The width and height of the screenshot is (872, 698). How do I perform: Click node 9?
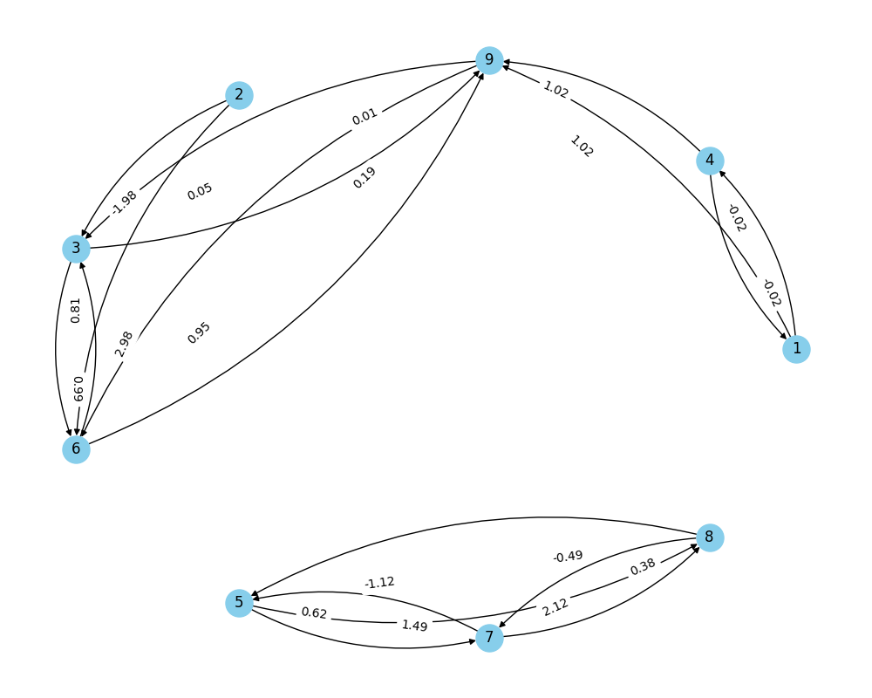click(x=489, y=60)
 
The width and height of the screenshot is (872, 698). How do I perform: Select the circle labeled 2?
click(x=239, y=95)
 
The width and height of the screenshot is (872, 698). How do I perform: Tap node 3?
click(x=76, y=249)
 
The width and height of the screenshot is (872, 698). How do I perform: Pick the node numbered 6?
click(x=76, y=449)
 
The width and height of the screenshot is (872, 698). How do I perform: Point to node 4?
click(x=710, y=161)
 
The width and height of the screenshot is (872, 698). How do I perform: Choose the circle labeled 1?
click(x=796, y=349)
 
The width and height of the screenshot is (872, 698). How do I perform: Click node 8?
click(x=710, y=537)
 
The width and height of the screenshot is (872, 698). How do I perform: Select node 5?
click(x=239, y=603)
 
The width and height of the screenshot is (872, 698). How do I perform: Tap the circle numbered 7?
click(x=489, y=637)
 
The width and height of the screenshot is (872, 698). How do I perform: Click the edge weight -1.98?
click(x=124, y=202)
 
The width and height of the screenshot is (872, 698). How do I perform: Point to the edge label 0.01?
click(x=364, y=116)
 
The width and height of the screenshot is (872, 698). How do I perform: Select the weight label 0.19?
click(x=364, y=178)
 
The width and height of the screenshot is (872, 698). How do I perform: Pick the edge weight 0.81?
click(x=76, y=311)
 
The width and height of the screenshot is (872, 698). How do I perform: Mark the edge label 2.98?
click(x=124, y=344)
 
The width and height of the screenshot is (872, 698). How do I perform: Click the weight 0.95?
click(x=199, y=332)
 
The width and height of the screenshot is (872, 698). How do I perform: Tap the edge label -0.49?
click(x=568, y=556)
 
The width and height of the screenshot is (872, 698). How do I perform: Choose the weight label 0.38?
click(x=643, y=566)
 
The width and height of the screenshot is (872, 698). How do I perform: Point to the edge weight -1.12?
click(x=379, y=583)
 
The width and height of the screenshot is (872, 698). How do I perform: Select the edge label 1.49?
click(x=414, y=626)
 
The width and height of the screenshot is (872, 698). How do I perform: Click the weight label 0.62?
click(x=314, y=612)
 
